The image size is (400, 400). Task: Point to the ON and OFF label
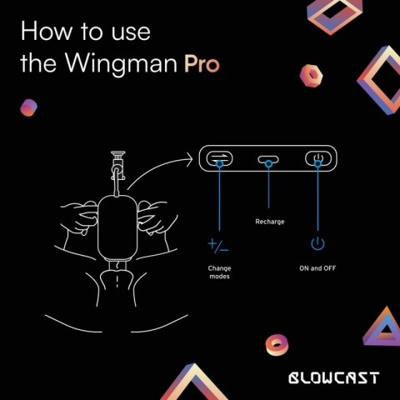pyautogui.click(x=317, y=268)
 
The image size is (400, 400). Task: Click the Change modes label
pyautogui.click(x=219, y=272)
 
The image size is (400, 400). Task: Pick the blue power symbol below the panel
pyautogui.click(x=317, y=244)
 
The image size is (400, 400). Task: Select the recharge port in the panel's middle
pyautogui.click(x=267, y=159)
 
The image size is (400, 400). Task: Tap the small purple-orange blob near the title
pyautogui.click(x=29, y=107)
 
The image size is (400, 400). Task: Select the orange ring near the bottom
pyautogui.click(x=275, y=342)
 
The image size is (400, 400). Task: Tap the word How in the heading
pyautogui.click(x=41, y=34)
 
